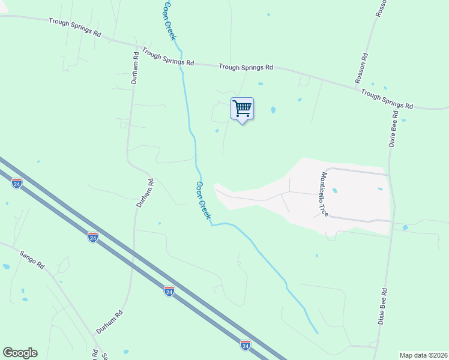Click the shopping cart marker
tap(242, 109)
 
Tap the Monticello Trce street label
tap(324, 195)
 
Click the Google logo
tap(20, 353)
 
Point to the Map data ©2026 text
tap(423, 355)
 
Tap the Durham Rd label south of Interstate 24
tap(110, 322)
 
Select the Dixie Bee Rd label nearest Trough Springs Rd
tap(394, 129)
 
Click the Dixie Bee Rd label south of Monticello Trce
tap(382, 306)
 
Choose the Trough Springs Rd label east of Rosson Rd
tap(387, 99)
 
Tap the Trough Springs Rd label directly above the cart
tap(246, 67)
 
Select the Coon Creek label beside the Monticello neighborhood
tap(204, 200)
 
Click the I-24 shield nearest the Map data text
tap(245, 345)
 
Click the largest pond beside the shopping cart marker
tap(273, 110)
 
